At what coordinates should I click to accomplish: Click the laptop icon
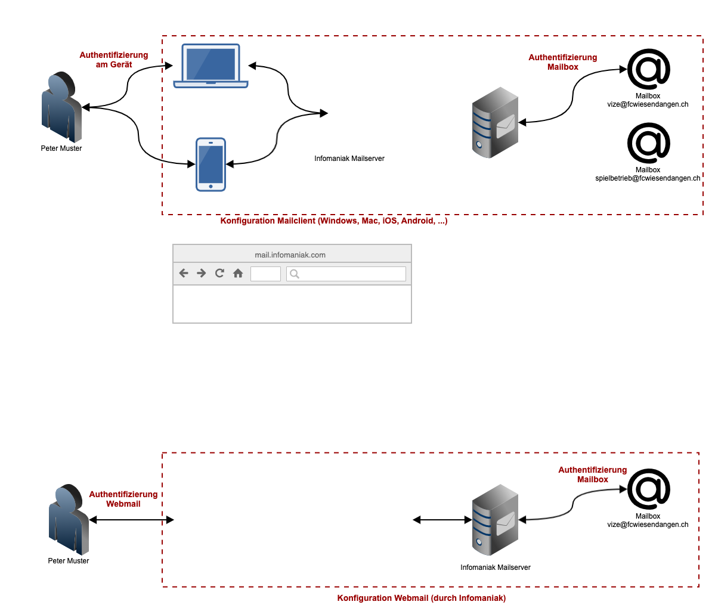tap(211, 66)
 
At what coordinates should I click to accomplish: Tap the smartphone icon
tap(211, 165)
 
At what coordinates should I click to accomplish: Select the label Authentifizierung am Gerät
tap(114, 60)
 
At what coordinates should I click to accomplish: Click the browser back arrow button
tap(184, 273)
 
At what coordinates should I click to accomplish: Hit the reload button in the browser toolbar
tap(219, 273)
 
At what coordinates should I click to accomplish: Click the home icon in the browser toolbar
tap(238, 273)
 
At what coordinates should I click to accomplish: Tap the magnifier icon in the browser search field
tap(294, 274)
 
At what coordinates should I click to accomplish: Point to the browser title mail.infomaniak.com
tap(290, 255)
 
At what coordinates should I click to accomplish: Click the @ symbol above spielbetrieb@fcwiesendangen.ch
tap(648, 143)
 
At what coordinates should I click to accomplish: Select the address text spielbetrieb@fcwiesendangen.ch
tap(648, 178)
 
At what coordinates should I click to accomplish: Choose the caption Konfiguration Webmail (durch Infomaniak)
tap(421, 598)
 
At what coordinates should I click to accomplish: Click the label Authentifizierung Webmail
tap(123, 499)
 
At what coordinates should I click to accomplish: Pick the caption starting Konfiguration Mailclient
tap(334, 221)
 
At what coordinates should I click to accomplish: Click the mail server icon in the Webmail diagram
tap(495, 520)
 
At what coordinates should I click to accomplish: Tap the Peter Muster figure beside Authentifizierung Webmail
tap(68, 519)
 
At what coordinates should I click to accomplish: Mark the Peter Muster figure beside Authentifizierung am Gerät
tap(61, 107)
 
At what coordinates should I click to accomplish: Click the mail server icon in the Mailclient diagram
tap(495, 122)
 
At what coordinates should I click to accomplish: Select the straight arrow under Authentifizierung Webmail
tap(131, 520)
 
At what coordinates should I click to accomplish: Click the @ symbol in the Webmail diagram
tap(648, 489)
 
